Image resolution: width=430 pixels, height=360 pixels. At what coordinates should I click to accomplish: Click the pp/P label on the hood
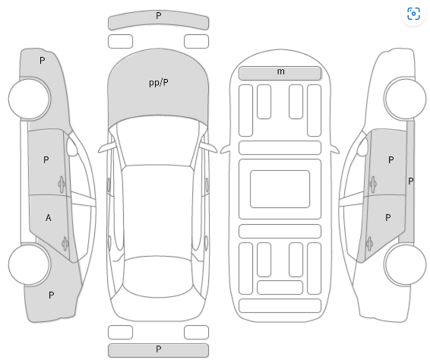pyautogui.click(x=159, y=83)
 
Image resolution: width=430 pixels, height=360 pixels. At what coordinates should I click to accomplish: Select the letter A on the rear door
pyautogui.click(x=49, y=218)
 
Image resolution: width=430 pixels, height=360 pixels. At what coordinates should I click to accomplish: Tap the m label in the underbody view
pyautogui.click(x=280, y=72)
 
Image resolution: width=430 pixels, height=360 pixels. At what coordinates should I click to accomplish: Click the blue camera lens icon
pyautogui.click(x=413, y=14)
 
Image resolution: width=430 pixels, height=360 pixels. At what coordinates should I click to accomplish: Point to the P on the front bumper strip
pyautogui.click(x=159, y=16)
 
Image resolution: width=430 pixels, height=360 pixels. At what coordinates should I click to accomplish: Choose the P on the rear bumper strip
pyautogui.click(x=159, y=349)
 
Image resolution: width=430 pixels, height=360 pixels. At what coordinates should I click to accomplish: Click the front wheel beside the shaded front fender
pyautogui.click(x=30, y=99)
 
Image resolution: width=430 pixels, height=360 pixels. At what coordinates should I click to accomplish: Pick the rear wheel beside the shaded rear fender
pyautogui.click(x=30, y=265)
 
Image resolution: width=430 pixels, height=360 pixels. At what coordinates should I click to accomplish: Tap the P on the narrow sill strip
pyautogui.click(x=410, y=182)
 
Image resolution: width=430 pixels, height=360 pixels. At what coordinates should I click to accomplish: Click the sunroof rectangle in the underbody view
pyautogui.click(x=280, y=189)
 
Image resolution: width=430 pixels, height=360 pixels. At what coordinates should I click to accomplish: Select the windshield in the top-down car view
pyautogui.click(x=158, y=143)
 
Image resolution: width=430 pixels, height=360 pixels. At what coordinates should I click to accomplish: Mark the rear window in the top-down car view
pyautogui.click(x=158, y=277)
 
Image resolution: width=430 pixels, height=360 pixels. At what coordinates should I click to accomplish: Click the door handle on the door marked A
pyautogui.click(x=65, y=244)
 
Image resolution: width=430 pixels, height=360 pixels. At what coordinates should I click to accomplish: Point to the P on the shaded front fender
pyautogui.click(x=42, y=61)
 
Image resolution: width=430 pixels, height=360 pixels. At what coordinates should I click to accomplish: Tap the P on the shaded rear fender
pyautogui.click(x=52, y=295)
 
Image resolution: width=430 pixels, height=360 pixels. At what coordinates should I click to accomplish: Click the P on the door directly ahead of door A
pyautogui.click(x=46, y=159)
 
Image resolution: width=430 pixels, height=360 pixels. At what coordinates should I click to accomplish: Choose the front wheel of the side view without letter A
pyautogui.click(x=405, y=99)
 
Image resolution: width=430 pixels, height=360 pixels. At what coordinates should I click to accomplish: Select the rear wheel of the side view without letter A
pyautogui.click(x=405, y=265)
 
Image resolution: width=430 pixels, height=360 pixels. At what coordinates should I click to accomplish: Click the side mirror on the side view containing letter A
pyautogui.click(x=72, y=147)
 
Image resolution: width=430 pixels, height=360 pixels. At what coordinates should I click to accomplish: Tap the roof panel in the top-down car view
pyautogui.click(x=158, y=211)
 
